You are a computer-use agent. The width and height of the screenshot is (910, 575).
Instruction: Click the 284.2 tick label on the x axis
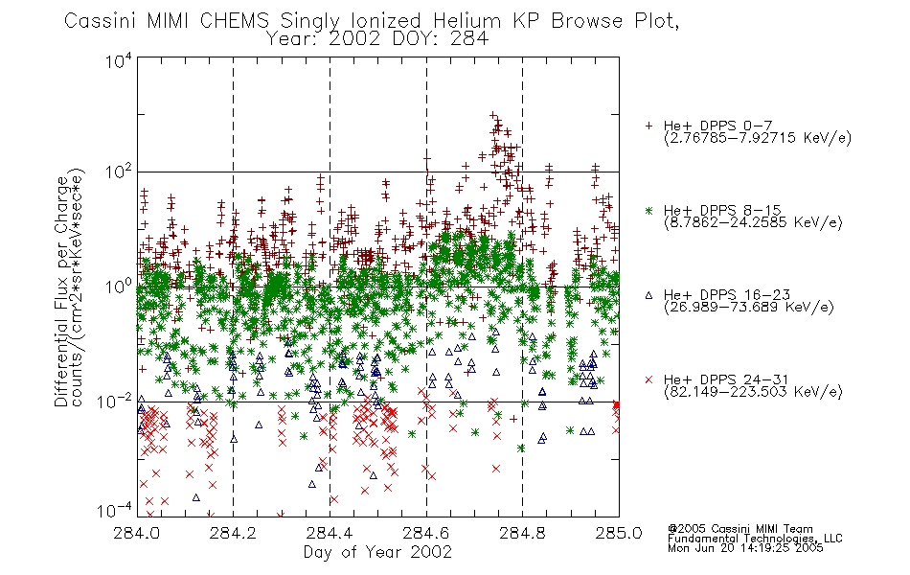[233, 533]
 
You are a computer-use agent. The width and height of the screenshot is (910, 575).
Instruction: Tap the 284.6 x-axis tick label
[426, 533]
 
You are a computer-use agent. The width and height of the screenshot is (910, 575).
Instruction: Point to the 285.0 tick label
[619, 533]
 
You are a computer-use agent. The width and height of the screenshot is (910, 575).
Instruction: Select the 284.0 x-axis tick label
[136, 533]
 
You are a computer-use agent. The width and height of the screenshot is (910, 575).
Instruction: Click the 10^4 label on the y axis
[119, 60]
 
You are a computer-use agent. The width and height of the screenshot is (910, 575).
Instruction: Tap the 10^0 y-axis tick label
[119, 286]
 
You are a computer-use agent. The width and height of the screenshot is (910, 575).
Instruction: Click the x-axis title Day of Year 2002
[377, 552]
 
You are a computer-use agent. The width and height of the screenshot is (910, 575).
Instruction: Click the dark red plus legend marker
[649, 126]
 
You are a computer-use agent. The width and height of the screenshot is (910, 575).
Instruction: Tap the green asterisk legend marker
[649, 210]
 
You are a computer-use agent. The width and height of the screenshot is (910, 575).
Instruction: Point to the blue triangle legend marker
[649, 295]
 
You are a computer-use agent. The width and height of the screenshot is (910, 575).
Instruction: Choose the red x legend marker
[649, 379]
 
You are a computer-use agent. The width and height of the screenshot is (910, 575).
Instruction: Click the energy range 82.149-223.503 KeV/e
[753, 392]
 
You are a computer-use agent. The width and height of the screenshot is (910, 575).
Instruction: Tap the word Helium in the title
[466, 21]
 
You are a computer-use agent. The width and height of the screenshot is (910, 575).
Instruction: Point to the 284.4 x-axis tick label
[330, 533]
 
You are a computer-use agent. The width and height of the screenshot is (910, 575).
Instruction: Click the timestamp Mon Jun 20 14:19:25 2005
[745, 548]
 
